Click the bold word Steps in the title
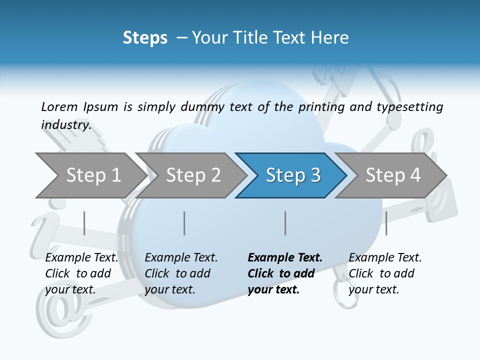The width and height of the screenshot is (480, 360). click(145, 38)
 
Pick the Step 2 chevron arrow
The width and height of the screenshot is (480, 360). click(193, 175)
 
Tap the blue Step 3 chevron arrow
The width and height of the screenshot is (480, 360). click(293, 175)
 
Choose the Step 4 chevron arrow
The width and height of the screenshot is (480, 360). click(393, 175)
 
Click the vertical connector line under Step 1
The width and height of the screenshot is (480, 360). click(84, 223)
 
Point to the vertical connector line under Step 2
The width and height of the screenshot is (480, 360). click(184, 223)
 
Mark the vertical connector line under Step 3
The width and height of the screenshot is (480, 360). click(285, 223)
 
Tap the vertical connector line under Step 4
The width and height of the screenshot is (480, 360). click(386, 223)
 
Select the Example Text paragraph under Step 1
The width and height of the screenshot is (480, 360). click(81, 273)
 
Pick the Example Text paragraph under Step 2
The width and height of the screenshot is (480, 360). click(181, 273)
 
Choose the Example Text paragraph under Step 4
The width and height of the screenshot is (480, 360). click(385, 273)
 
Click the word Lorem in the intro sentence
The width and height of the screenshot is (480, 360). click(59, 107)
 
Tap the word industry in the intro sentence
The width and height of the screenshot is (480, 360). click(65, 125)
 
